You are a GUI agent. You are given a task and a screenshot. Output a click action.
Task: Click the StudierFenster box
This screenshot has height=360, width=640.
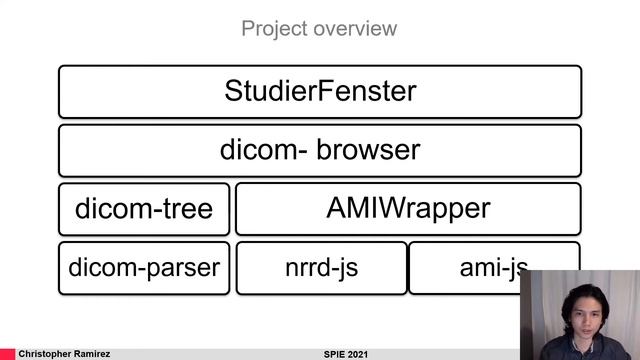tap(320, 92)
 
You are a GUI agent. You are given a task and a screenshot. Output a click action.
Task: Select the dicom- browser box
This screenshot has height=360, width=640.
tap(320, 150)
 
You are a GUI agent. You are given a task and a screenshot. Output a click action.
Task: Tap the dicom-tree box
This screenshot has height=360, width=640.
tap(144, 209)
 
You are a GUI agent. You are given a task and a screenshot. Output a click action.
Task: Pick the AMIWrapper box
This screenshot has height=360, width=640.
tap(408, 209)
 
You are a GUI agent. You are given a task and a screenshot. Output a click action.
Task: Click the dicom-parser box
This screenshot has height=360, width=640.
tap(144, 267)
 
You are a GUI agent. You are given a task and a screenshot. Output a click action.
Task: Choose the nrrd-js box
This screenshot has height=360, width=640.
tap(321, 267)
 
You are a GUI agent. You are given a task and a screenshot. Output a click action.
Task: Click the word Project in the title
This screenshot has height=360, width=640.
tap(273, 28)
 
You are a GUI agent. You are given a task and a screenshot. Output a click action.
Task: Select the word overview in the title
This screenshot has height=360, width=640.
tap(353, 28)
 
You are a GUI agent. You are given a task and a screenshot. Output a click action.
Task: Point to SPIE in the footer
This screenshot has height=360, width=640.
tap(336, 354)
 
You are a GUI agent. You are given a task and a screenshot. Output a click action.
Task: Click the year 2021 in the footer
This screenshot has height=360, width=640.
tap(364, 354)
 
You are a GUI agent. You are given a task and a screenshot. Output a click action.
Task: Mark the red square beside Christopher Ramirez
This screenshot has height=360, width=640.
tap(8, 354)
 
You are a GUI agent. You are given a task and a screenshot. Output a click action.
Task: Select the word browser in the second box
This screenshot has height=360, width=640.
tap(368, 151)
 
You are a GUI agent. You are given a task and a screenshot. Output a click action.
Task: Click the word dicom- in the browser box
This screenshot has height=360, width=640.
tap(258, 151)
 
